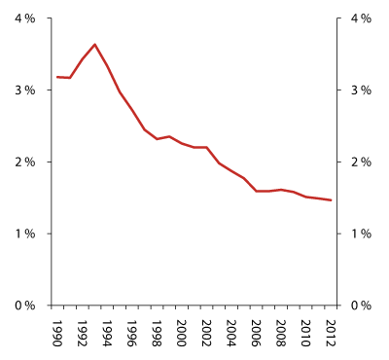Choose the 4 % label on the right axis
(359, 18)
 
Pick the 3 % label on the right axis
(359, 90)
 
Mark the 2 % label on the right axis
(359, 162)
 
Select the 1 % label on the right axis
(359, 234)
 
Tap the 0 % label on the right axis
(359, 306)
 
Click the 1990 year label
(57, 332)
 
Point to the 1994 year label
(107, 332)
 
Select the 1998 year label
(157, 332)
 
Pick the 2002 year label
(206, 332)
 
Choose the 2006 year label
(257, 332)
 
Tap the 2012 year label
(332, 332)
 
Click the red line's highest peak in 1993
(94, 44)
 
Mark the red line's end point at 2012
(332, 200)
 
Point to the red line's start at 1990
(57, 77)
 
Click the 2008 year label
(281, 332)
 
